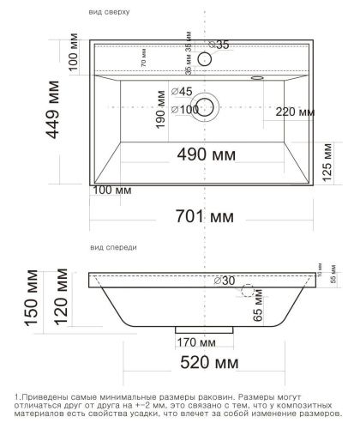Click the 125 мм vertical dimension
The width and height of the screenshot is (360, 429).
(x=327, y=171)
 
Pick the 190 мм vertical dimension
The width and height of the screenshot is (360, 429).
(x=159, y=124)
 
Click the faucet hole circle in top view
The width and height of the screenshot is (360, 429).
(x=205, y=58)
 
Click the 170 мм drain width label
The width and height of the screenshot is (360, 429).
(x=195, y=344)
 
